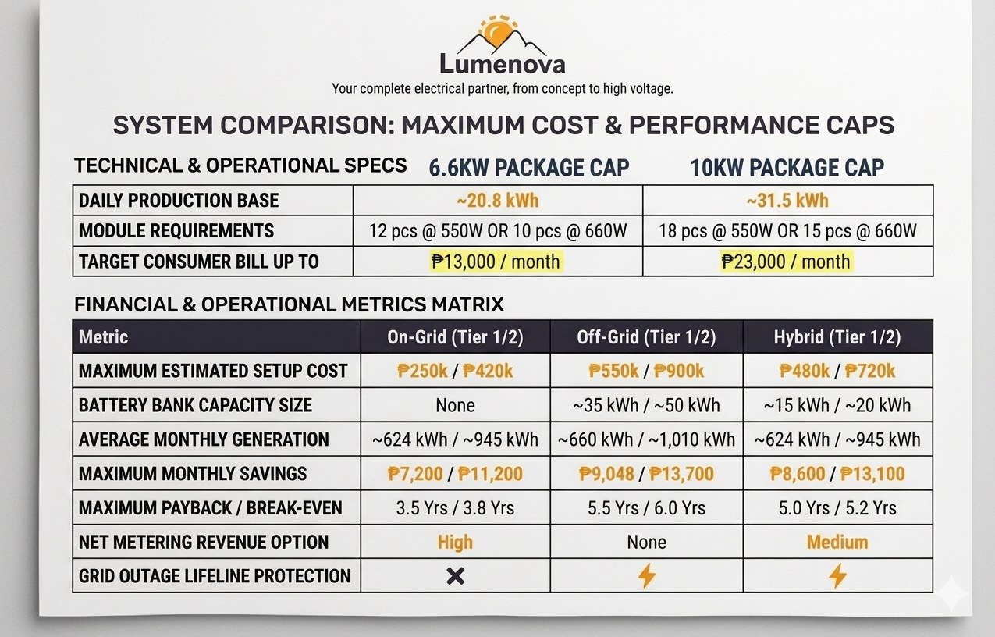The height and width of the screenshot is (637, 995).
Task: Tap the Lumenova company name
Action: tap(503, 65)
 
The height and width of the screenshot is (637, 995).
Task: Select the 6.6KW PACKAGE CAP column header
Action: tap(529, 168)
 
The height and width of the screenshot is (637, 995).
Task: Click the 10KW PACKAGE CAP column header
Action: tap(787, 168)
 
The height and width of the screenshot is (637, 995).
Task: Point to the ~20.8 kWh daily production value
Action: tap(498, 201)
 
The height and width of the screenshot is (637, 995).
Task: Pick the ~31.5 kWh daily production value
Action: tap(787, 201)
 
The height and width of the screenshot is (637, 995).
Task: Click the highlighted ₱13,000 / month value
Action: tap(496, 262)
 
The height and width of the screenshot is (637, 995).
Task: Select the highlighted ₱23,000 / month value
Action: tap(786, 262)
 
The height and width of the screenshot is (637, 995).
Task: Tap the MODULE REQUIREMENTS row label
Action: tap(176, 231)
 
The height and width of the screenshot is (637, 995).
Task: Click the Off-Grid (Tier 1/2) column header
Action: tap(646, 337)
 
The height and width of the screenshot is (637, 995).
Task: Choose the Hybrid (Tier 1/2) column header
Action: tap(837, 337)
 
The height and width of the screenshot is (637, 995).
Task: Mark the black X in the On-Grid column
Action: tap(455, 576)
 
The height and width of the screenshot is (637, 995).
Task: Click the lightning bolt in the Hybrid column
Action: tap(837, 575)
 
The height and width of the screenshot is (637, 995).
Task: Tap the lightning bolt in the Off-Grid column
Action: tap(647, 575)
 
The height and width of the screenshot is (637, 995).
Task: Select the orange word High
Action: tap(455, 543)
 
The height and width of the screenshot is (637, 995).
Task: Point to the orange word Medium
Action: tap(837, 542)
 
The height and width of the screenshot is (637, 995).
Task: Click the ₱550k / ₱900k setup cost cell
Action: tap(646, 371)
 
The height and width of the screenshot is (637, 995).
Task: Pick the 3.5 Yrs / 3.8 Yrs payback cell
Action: tap(455, 507)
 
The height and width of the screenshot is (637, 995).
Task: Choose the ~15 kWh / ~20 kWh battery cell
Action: tap(837, 405)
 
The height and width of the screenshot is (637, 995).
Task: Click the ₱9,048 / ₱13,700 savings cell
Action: tap(646, 474)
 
